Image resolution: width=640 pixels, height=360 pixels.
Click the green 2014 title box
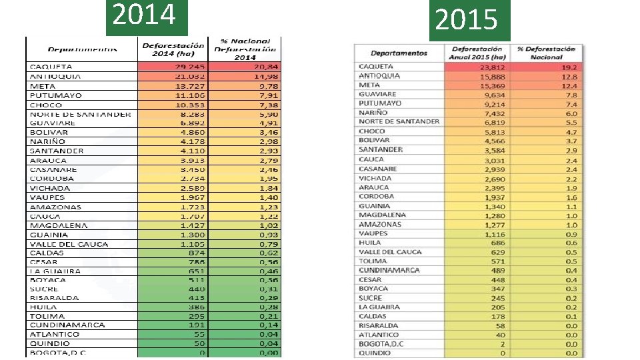[x=147, y=16]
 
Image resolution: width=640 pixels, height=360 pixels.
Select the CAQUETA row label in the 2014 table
[x=51, y=67]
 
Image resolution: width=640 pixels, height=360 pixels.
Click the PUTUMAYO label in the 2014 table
[x=55, y=95]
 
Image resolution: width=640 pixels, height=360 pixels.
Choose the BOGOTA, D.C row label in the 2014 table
[x=58, y=353]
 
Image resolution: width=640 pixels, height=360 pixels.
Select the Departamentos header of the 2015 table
[x=399, y=53]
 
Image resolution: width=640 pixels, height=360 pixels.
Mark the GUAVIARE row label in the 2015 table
[x=377, y=94]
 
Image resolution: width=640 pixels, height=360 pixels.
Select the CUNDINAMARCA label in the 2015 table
[x=389, y=270]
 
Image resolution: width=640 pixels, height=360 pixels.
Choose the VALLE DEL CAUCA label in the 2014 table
[x=68, y=244]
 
